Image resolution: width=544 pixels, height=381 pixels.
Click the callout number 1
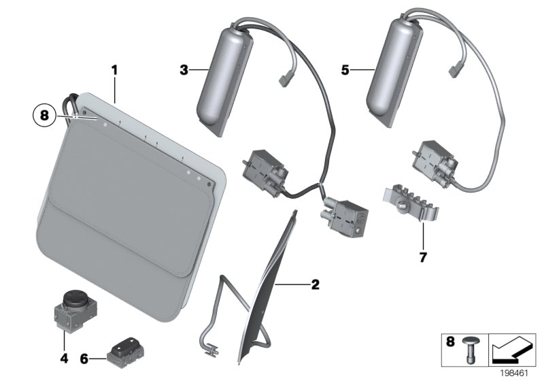coord(115,70)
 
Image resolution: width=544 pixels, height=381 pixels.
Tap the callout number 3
coord(183,69)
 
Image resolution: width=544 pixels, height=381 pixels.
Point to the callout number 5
coord(346,69)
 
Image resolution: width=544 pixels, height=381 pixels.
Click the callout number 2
coord(315,284)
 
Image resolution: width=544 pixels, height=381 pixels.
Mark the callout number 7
coord(423,258)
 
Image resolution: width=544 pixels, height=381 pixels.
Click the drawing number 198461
coord(519,373)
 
